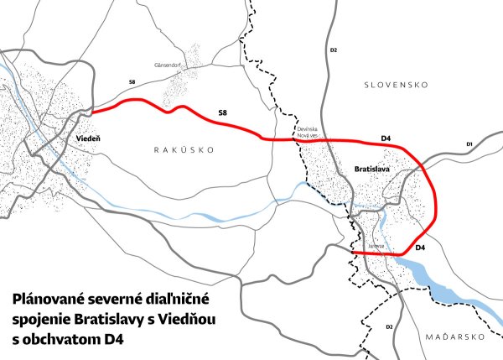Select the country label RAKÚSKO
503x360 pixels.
click(185, 149)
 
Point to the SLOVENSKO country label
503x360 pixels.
click(397, 85)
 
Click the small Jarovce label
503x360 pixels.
click(373, 246)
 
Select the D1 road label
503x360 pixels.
click(470, 145)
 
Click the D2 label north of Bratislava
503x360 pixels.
click(333, 51)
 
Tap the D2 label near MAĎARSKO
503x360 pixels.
click(389, 326)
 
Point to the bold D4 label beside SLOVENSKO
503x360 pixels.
click(386, 137)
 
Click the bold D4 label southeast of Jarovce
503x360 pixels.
click(421, 248)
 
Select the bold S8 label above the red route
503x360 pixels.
click(222, 111)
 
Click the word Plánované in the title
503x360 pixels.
click(47, 299)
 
